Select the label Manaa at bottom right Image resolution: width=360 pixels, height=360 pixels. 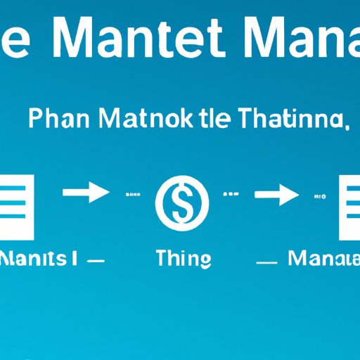click(x=323, y=258)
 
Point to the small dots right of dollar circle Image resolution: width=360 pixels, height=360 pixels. click(x=231, y=193)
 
